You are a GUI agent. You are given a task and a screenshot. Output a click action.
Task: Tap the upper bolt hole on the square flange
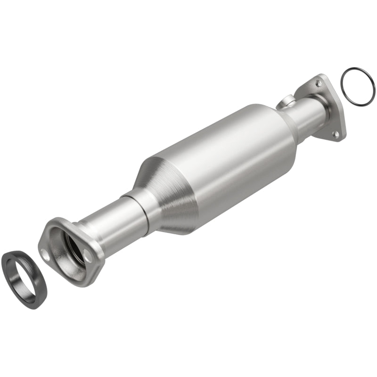pyautogui.click(x=319, y=83)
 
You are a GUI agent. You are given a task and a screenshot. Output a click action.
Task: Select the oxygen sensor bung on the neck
pyautogui.click(x=287, y=101)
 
